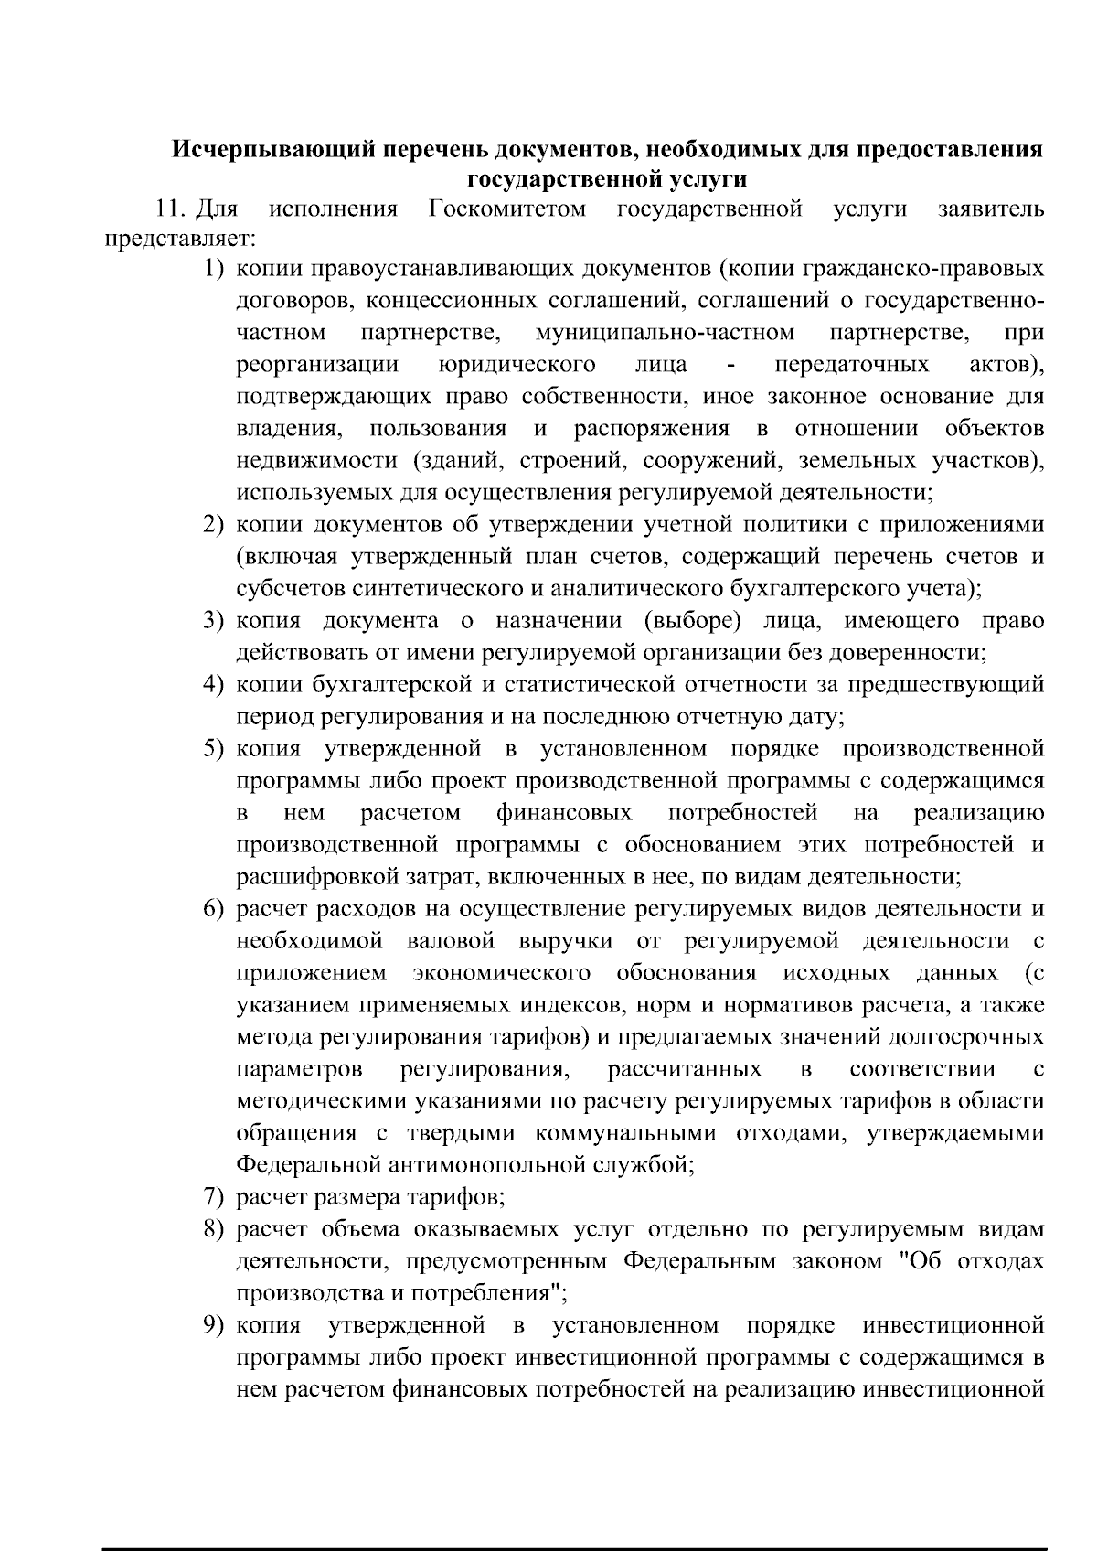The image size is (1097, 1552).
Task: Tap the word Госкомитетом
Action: [x=507, y=209]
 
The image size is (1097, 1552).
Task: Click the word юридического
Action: [x=517, y=365]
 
